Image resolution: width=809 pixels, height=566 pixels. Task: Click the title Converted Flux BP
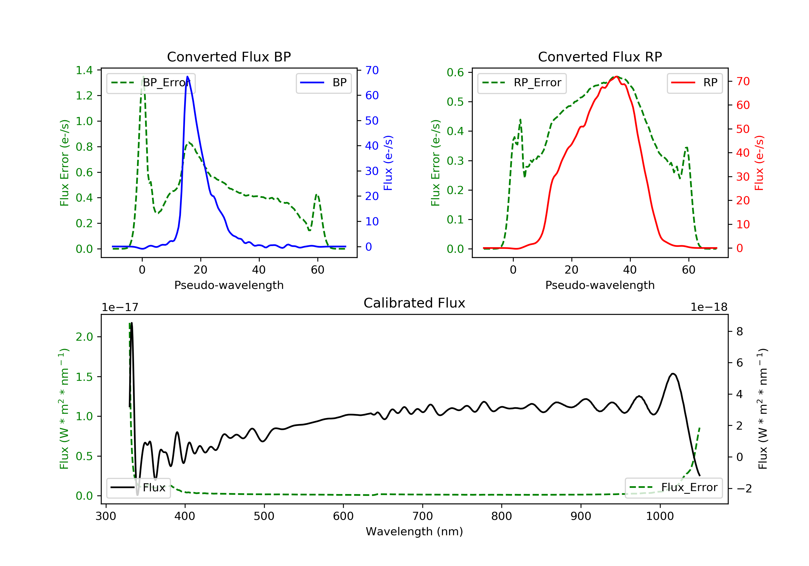tap(229, 57)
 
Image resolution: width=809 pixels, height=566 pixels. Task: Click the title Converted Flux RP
tap(600, 57)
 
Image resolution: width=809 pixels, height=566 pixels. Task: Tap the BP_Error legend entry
tap(151, 83)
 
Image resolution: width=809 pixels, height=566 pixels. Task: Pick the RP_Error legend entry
tap(522, 83)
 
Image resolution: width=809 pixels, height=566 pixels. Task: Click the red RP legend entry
tap(694, 83)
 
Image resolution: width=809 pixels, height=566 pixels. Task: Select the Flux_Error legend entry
tap(673, 488)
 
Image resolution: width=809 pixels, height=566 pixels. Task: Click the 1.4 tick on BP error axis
tap(84, 70)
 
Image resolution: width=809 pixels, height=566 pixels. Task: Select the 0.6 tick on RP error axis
tap(455, 73)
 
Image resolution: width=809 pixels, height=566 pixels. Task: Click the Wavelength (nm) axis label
tap(414, 532)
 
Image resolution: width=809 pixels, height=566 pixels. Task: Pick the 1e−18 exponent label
tap(709, 307)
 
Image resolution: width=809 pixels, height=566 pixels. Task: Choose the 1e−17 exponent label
tap(120, 307)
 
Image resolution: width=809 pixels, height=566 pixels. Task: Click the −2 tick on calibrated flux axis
tap(744, 489)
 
